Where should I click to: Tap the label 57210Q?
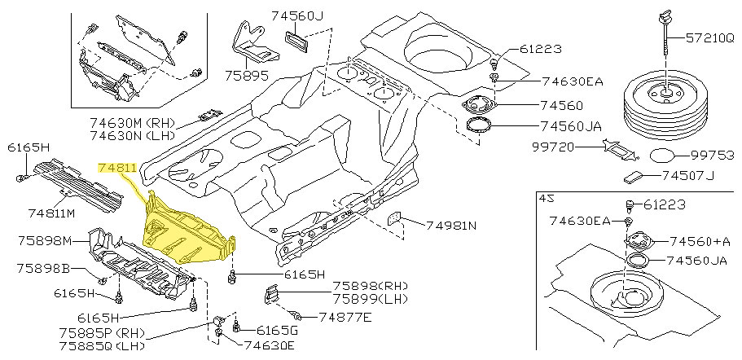(x=709, y=37)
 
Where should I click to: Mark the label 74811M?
(x=50, y=213)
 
